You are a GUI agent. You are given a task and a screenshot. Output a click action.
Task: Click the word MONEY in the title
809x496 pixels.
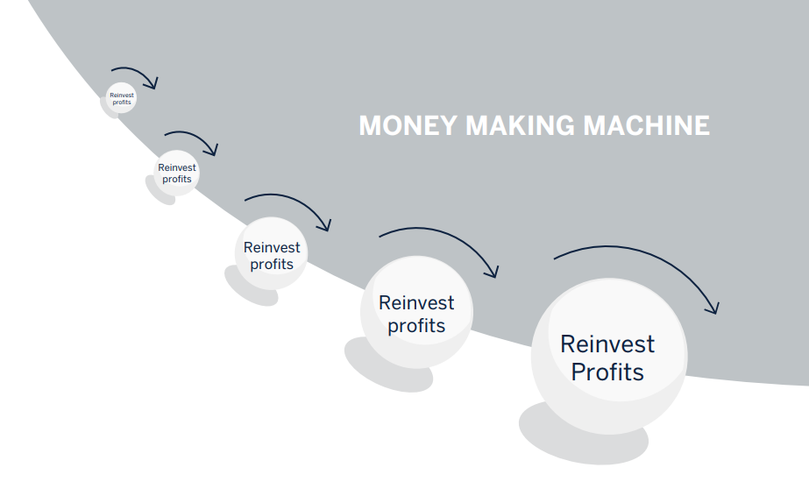(408, 125)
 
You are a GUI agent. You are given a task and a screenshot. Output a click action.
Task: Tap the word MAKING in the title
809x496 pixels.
(520, 125)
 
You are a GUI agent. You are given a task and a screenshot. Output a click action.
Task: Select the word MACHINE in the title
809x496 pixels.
(647, 125)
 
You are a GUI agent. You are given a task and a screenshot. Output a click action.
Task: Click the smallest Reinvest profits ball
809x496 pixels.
(121, 98)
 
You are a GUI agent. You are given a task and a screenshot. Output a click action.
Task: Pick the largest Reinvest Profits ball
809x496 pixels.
(609, 357)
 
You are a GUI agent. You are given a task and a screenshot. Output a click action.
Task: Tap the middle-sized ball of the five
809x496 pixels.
(272, 253)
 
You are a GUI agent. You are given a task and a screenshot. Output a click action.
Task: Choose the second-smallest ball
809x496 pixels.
(176, 173)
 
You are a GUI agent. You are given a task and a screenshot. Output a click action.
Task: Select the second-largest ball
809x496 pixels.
(416, 312)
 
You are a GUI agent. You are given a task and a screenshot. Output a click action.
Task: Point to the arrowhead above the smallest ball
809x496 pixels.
(153, 83)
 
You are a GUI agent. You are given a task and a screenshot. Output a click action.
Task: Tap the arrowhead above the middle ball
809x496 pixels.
(325, 225)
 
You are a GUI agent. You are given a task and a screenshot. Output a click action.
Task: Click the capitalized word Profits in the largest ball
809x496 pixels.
(607, 372)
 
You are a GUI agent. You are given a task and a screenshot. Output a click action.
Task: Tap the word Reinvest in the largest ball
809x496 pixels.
(607, 344)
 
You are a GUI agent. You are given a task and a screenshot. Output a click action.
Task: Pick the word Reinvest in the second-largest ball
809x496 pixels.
(416, 303)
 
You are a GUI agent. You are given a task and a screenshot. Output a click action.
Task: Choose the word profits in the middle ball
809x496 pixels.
(272, 265)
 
